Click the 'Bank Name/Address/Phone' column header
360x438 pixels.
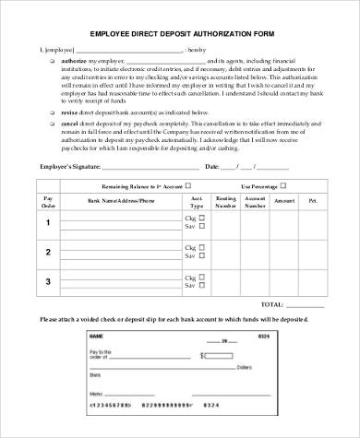(121, 200)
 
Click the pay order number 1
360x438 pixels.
(48, 223)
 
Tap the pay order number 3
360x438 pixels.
(48, 279)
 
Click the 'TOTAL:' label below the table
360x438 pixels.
(271, 303)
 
